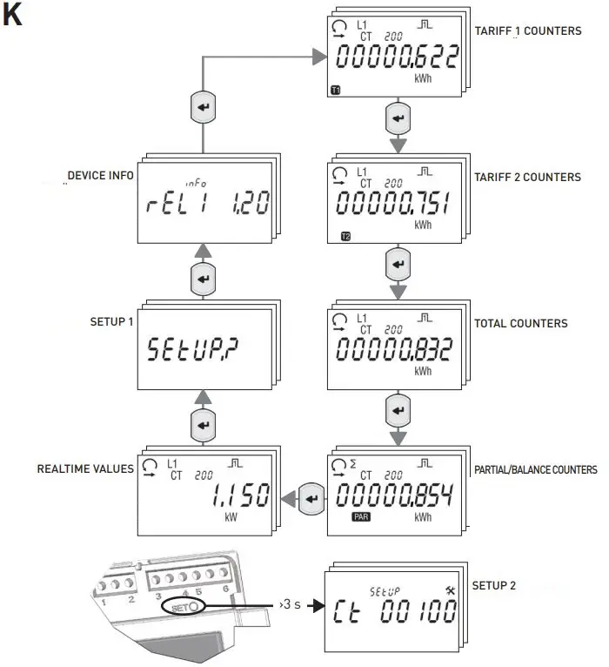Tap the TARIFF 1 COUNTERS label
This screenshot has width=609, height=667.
527,31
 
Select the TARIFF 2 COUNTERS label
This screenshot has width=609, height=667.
527,178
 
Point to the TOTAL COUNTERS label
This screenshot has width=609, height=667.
520,323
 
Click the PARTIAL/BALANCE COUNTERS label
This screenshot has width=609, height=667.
535,470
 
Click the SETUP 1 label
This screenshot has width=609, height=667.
112,321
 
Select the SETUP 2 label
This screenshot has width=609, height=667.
493,585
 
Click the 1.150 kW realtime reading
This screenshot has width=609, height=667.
238,496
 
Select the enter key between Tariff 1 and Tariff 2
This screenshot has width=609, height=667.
397,118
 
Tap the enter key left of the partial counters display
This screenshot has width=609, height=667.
311,500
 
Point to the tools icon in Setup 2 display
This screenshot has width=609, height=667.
451,590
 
